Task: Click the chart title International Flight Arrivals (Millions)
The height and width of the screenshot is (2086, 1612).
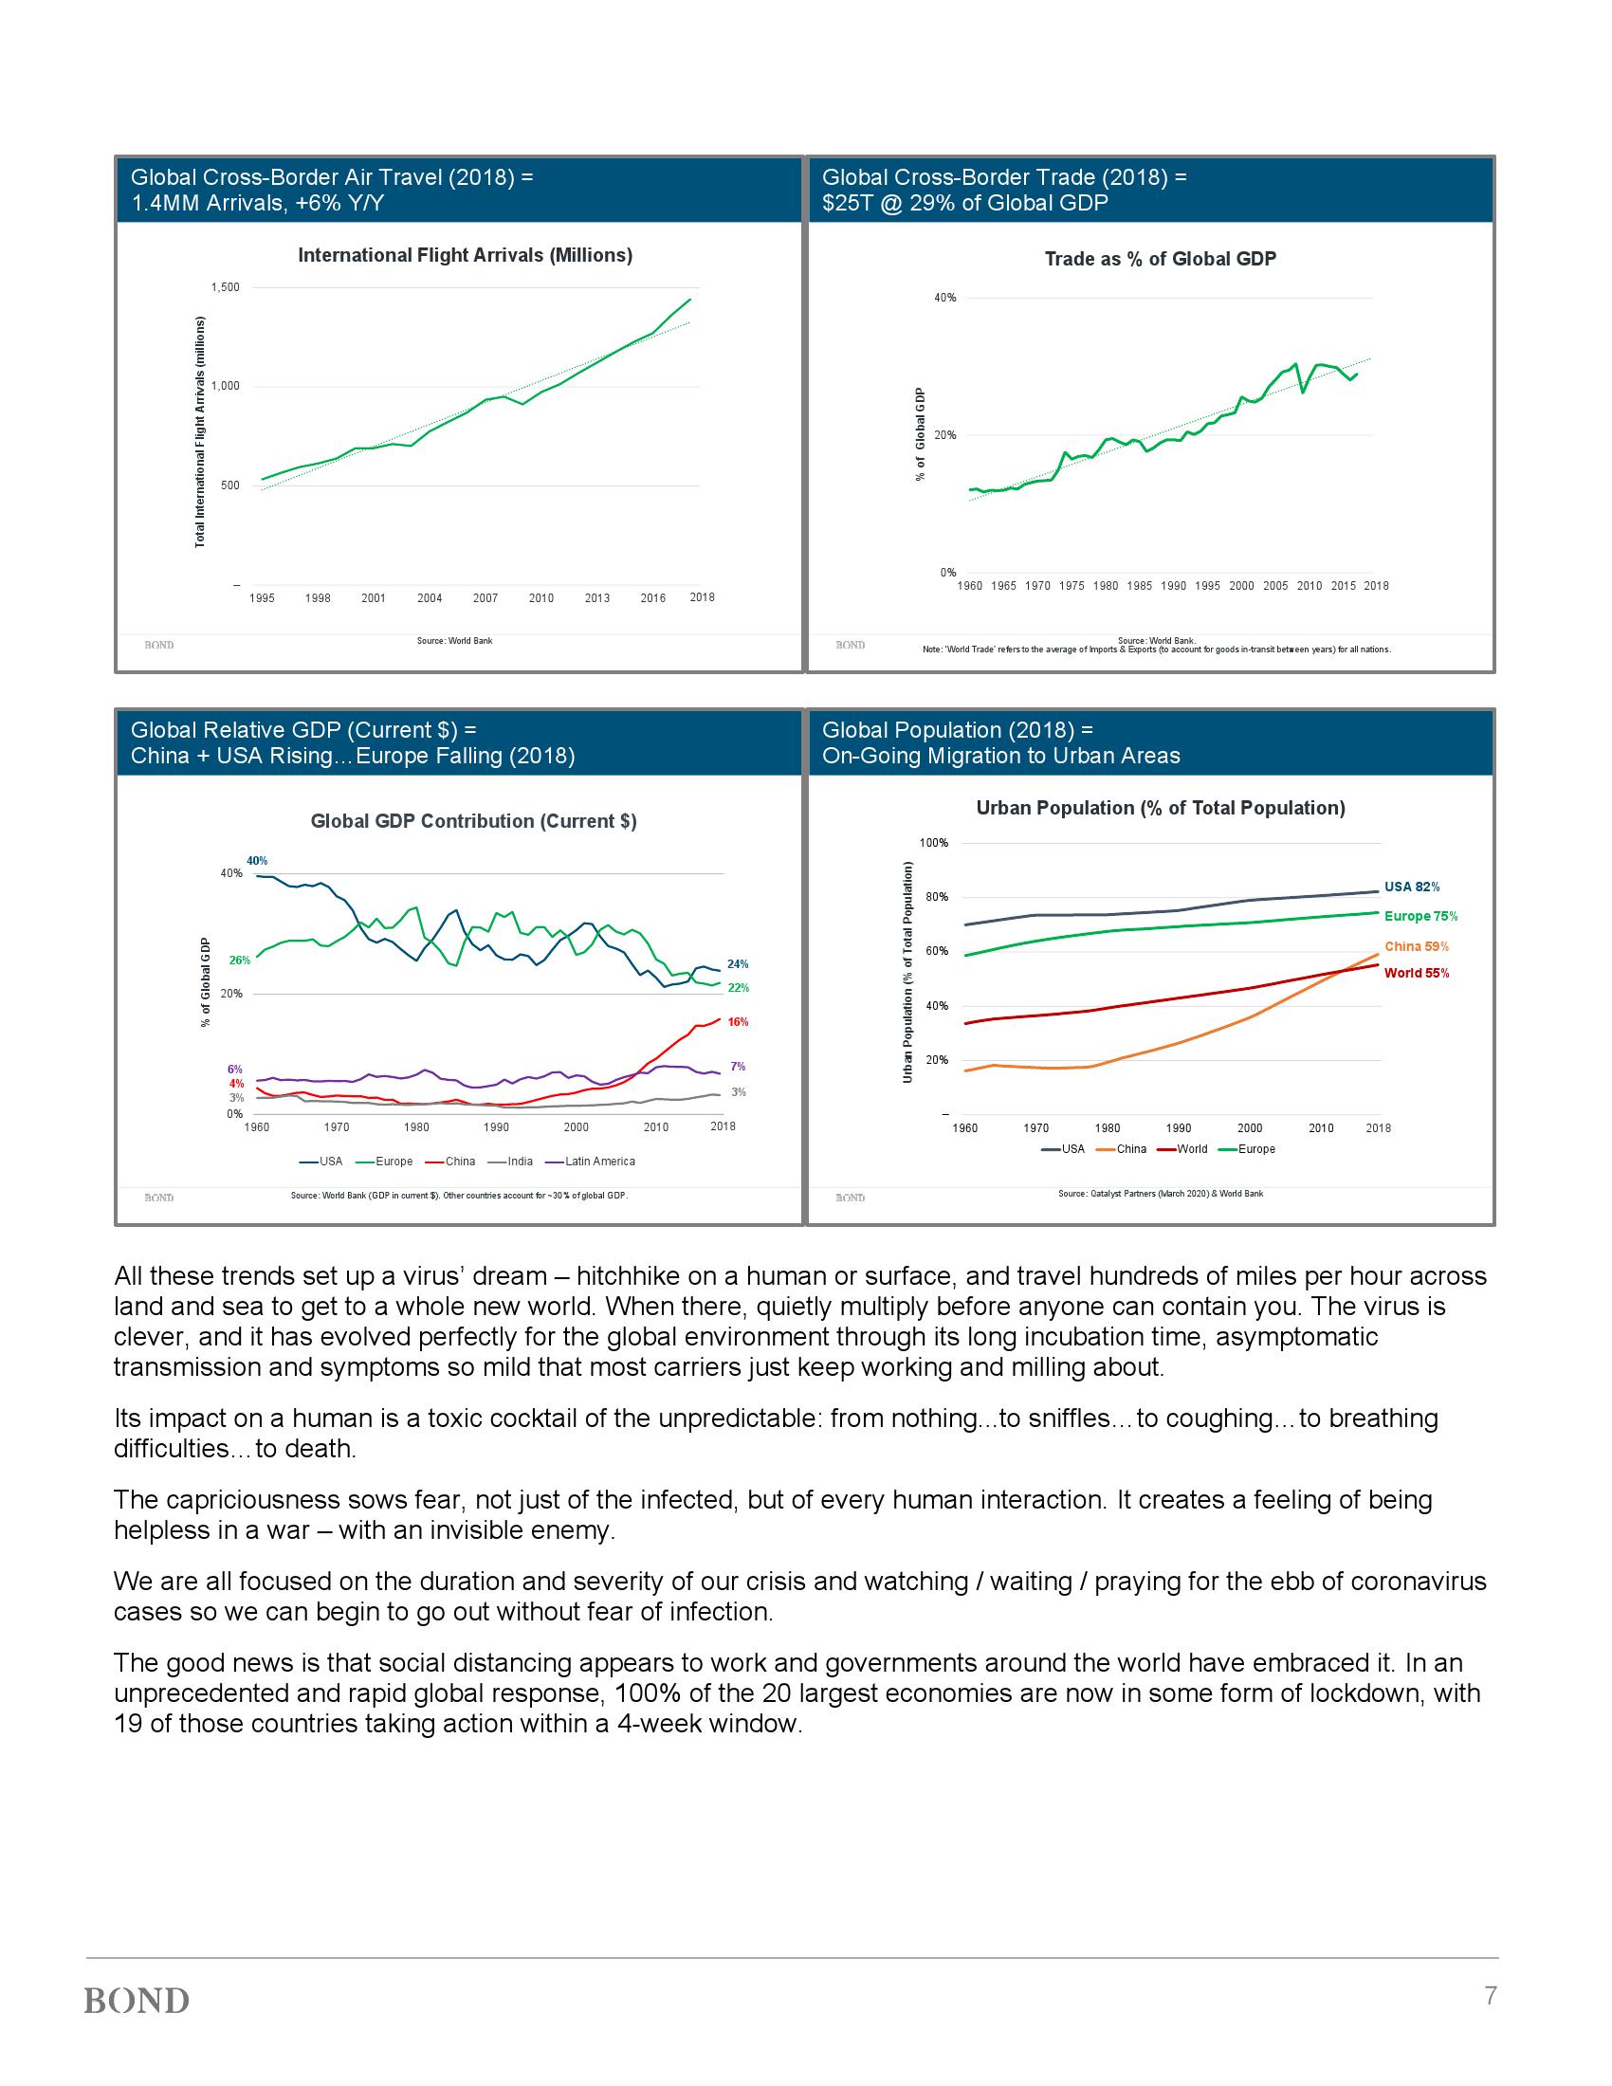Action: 465,255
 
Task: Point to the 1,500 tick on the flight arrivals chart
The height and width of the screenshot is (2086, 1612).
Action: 226,287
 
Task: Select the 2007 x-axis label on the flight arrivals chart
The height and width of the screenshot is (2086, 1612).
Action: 485,598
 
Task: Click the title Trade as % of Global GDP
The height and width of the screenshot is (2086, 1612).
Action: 1160,259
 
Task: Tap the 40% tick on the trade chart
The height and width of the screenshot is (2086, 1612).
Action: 944,298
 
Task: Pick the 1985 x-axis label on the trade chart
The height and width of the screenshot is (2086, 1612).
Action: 1139,585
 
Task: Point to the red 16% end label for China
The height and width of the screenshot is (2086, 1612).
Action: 738,1022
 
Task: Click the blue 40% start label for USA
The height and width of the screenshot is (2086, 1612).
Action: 257,861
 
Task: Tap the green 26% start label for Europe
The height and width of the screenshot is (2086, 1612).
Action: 240,960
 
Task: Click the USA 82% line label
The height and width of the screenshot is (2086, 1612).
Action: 1412,887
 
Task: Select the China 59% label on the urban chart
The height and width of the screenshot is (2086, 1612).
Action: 1417,946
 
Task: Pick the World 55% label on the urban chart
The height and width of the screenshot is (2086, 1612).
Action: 1417,973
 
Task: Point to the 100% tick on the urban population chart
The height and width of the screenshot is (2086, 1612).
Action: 933,843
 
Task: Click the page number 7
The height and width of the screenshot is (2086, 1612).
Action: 1490,1995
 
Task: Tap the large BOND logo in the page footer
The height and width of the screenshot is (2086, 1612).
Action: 137,2000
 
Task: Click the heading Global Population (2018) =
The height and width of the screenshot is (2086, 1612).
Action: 957,730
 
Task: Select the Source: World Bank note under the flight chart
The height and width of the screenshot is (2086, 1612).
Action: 454,640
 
